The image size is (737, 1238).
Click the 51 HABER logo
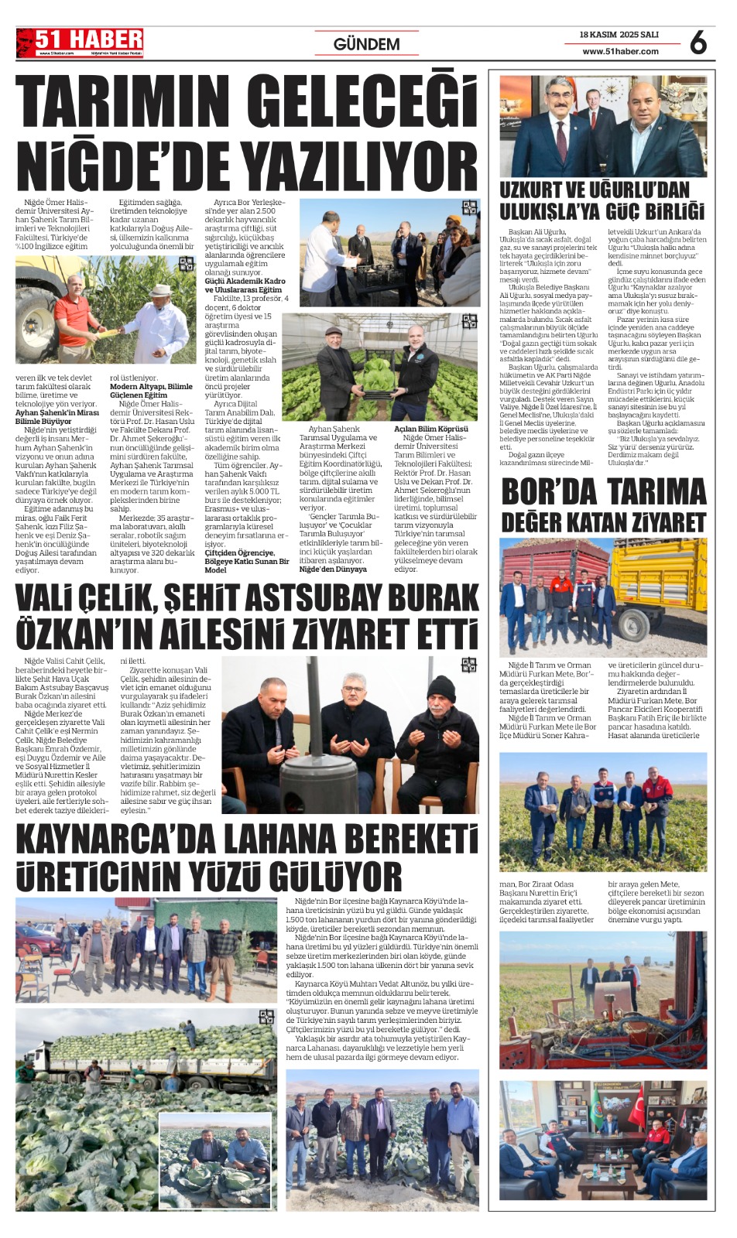point(80,43)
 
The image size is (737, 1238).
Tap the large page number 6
point(698,43)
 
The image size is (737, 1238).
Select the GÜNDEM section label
point(366,44)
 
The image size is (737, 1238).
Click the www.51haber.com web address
point(620,52)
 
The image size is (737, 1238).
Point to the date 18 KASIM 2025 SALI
point(619,35)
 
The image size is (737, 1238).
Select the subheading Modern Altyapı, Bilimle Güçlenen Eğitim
point(151,391)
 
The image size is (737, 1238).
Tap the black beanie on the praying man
point(443,687)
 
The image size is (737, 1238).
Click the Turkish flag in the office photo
point(636,1107)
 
